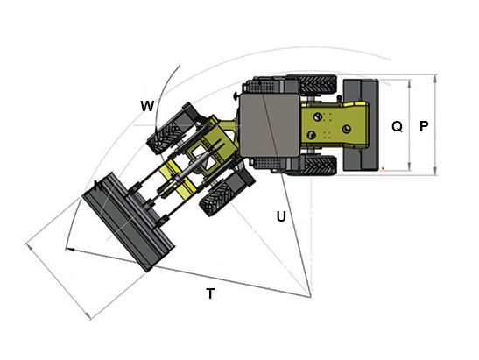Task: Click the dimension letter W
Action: (147, 106)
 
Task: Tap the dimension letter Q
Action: (397, 126)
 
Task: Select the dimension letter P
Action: (424, 126)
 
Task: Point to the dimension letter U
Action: (281, 216)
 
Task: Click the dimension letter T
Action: (210, 293)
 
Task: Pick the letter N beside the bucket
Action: (98, 186)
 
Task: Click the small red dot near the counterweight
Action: (383, 168)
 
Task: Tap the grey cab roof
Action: (270, 124)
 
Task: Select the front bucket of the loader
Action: (129, 222)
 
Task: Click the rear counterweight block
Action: (361, 124)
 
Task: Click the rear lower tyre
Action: (317, 166)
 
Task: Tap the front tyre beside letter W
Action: (167, 137)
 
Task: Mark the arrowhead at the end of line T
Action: (70, 250)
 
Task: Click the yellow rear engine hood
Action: (335, 125)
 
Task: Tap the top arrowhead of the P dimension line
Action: (435, 78)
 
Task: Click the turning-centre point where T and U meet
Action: (310, 297)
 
